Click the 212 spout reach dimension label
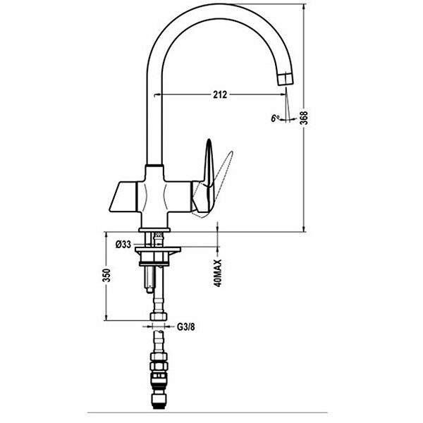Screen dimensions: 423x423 (x=220, y=94)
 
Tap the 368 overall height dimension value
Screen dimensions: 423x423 (x=305, y=118)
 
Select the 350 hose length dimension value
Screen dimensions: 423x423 (x=107, y=275)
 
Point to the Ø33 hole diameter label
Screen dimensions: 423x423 (x=123, y=245)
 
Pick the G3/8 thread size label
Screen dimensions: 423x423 (x=186, y=327)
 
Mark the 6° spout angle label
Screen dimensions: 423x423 (x=275, y=118)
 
